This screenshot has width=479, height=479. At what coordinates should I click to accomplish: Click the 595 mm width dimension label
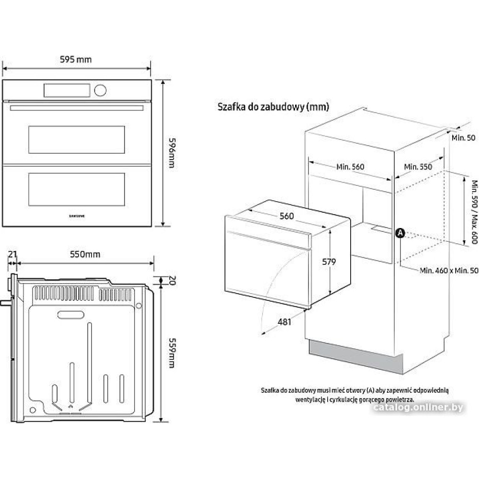pos(76,59)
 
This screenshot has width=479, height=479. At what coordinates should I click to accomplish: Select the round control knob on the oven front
pos(101,90)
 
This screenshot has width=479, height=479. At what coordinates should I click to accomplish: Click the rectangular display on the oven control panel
pos(67,90)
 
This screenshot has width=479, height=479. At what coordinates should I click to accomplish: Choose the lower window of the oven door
pos(77,187)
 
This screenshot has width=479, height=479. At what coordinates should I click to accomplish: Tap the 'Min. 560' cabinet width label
pos(350,167)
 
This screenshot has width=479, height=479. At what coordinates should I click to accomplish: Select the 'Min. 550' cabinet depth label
pos(418,167)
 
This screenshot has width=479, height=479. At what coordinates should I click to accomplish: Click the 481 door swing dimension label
pos(285,322)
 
